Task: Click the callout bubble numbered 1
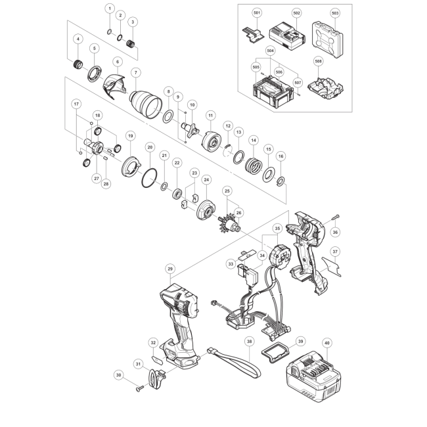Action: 110,9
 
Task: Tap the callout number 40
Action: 327,343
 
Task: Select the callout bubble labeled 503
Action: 335,13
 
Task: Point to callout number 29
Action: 170,269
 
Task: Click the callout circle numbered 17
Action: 76,104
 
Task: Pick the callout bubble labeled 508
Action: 319,61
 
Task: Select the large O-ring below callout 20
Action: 149,178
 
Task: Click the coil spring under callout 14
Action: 254,166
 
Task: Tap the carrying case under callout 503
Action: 327,39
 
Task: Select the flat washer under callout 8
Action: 168,116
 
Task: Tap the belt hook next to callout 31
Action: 158,378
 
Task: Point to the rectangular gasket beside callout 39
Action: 275,352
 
